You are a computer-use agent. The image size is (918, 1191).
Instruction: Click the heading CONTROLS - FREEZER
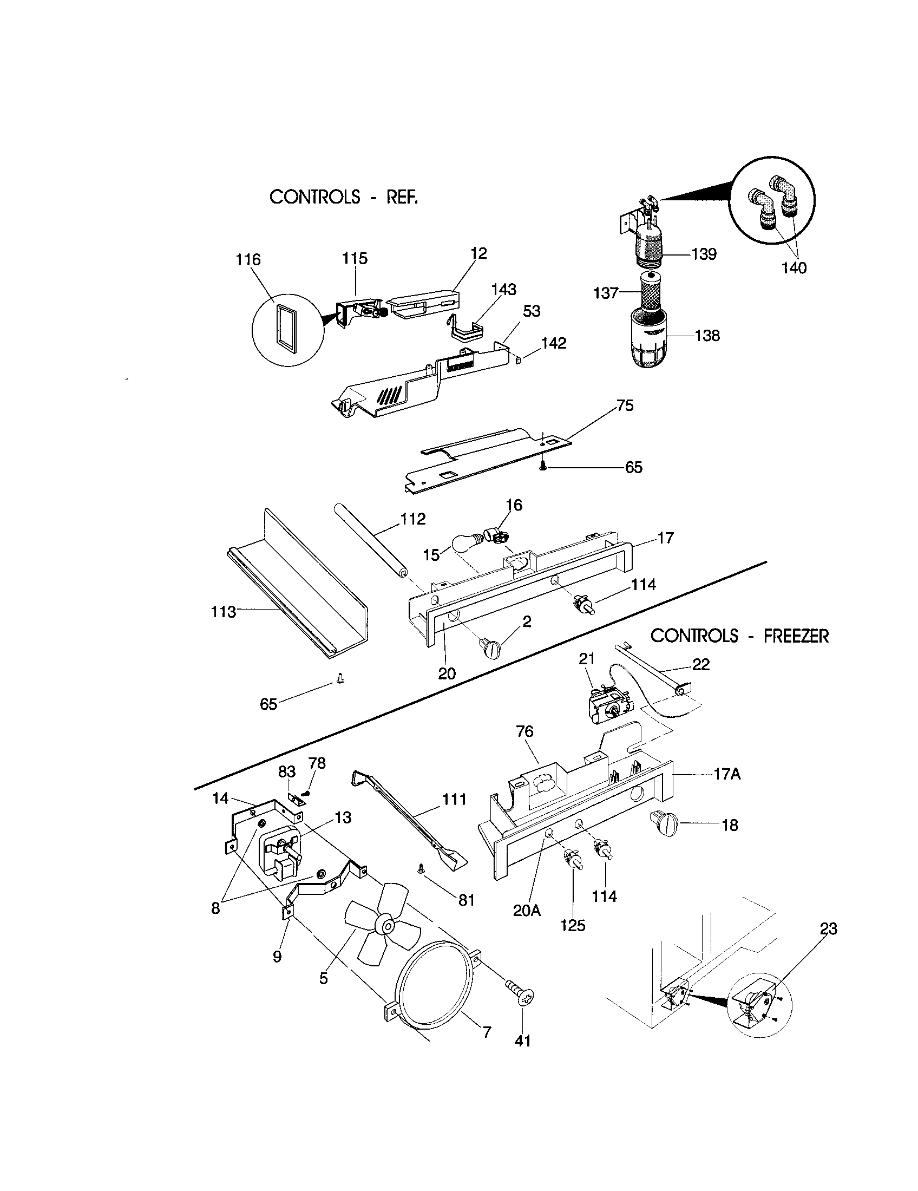(x=739, y=636)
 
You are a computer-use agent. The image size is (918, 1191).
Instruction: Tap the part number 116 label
(x=248, y=259)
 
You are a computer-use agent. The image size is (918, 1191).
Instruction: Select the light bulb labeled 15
(x=467, y=542)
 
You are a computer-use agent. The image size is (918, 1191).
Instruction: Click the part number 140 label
(x=794, y=268)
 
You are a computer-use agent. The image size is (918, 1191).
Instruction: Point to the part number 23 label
(x=828, y=928)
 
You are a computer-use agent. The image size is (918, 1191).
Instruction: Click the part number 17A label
(x=726, y=774)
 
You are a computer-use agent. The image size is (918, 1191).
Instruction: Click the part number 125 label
(x=572, y=925)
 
